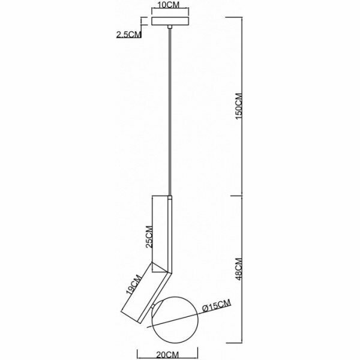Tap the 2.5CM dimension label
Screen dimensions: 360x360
(x=128, y=34)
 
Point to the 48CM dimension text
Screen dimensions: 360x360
(x=238, y=269)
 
